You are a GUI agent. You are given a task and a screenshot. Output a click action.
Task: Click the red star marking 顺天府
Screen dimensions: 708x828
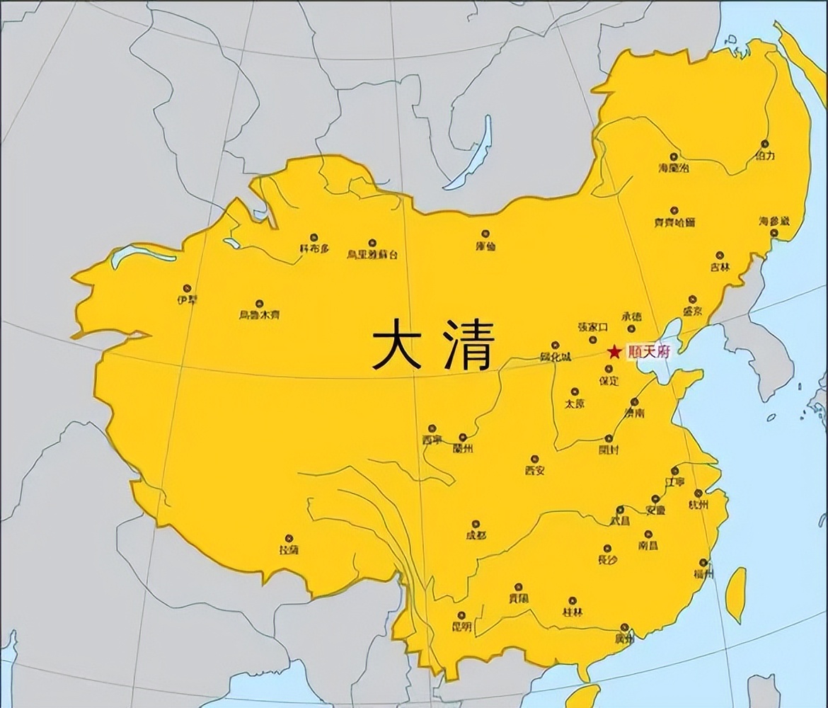(x=614, y=351)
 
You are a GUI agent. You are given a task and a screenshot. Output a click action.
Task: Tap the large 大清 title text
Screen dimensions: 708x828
(x=433, y=344)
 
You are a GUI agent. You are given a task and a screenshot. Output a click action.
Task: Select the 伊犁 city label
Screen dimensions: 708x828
(x=187, y=299)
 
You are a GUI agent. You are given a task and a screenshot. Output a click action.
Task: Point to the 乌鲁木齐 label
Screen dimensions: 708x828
(x=259, y=314)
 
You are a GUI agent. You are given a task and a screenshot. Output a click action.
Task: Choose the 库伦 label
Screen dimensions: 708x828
(x=485, y=246)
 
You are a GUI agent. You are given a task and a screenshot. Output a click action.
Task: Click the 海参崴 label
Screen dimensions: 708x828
(x=774, y=222)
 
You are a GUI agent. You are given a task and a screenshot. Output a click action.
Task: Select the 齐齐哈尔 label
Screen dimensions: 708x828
(x=674, y=222)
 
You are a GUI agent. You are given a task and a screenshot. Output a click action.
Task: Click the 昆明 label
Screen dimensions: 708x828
(x=461, y=627)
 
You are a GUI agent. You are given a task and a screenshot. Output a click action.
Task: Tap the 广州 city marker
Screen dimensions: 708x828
(x=623, y=627)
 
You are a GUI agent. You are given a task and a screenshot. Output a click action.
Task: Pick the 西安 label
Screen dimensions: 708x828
(x=534, y=470)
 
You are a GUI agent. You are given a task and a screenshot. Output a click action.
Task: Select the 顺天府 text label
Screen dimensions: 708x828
(x=648, y=352)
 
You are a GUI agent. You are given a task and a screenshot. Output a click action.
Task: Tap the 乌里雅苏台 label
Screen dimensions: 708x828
(x=372, y=254)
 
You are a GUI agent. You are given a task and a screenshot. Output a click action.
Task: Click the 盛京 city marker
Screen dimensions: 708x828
(x=692, y=299)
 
